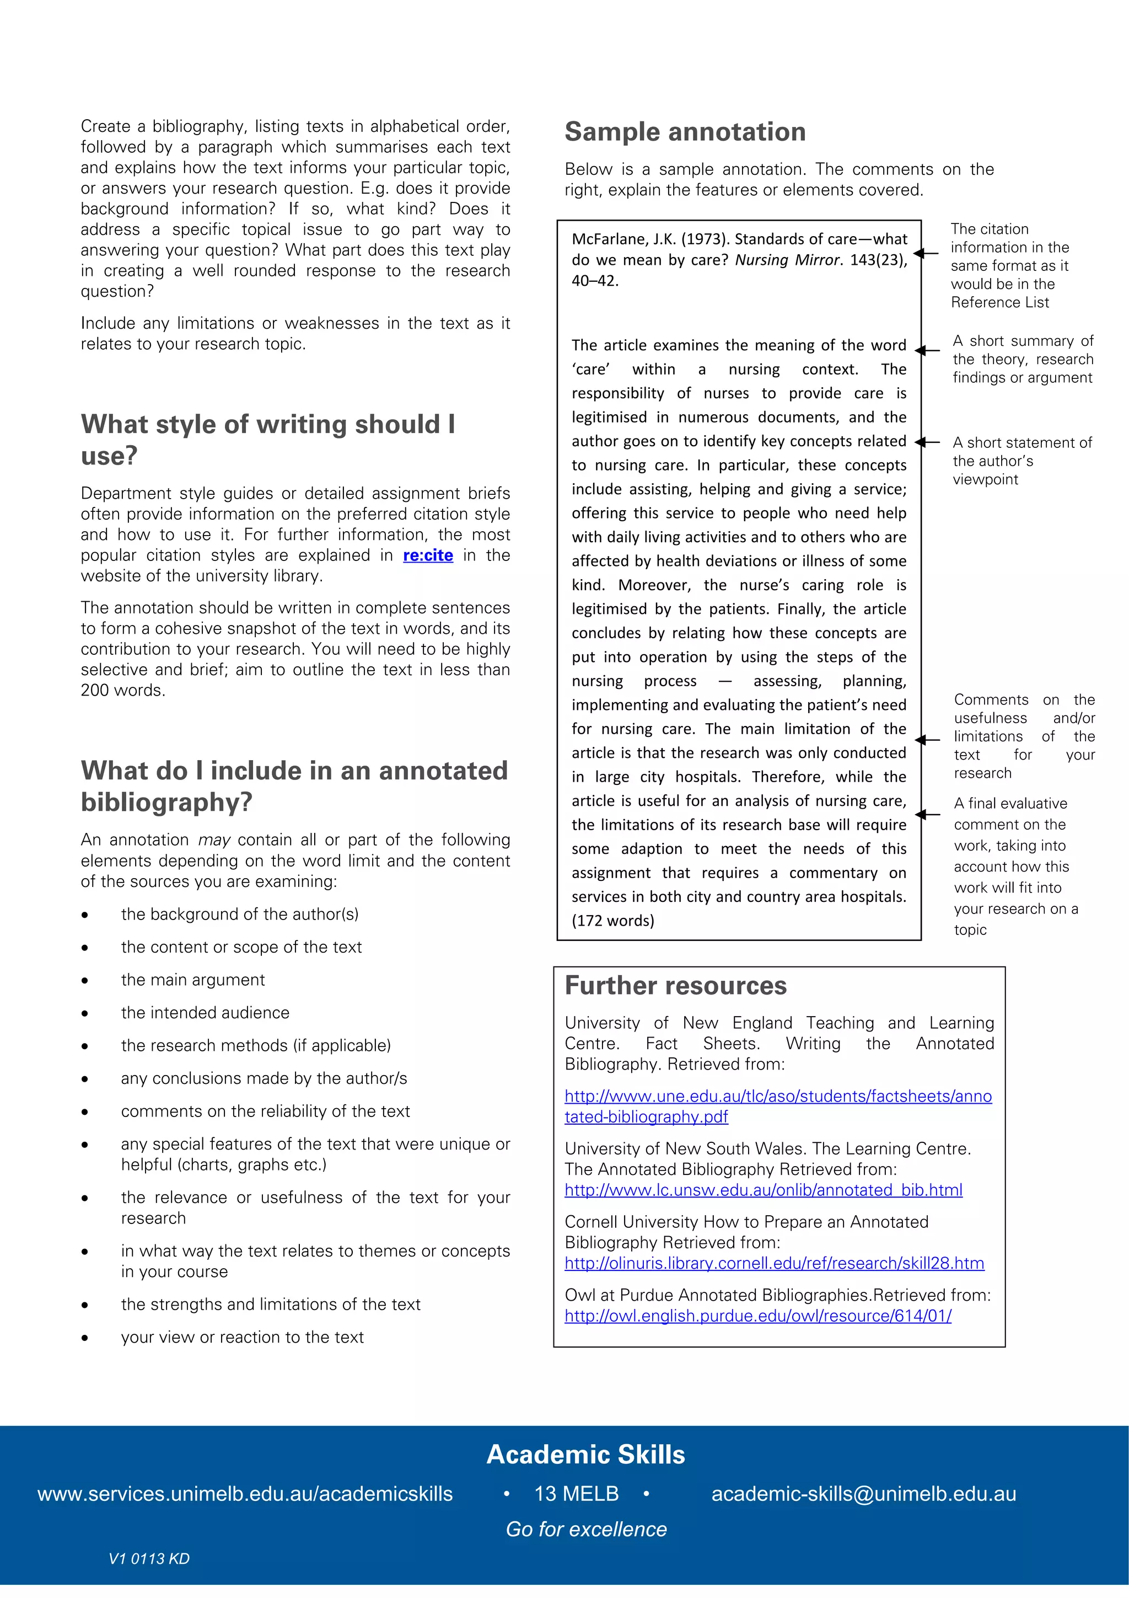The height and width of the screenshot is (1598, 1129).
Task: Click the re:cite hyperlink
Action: click(x=427, y=555)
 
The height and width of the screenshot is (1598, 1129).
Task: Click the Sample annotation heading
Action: click(x=685, y=132)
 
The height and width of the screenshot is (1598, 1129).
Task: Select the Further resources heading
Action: click(x=675, y=986)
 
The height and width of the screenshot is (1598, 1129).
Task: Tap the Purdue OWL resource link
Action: click(x=757, y=1316)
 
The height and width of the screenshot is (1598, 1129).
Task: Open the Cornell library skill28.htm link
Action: click(x=773, y=1263)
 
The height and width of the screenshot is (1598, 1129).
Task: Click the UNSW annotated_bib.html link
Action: click(x=763, y=1190)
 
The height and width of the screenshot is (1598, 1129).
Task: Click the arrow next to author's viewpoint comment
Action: click(x=926, y=442)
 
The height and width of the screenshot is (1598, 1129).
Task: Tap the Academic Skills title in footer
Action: click(x=585, y=1455)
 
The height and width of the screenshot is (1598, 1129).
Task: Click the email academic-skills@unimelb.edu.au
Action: click(x=863, y=1494)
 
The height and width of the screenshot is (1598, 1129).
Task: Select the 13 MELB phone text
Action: click(x=576, y=1494)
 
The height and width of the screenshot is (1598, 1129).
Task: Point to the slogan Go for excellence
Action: click(x=585, y=1529)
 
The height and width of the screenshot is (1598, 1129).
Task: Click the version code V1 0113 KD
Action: click(x=149, y=1559)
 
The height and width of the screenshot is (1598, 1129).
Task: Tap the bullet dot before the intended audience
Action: click(x=85, y=1013)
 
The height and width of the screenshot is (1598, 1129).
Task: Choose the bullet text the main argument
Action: click(x=193, y=980)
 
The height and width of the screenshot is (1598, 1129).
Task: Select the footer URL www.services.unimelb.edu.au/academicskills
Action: click(x=245, y=1494)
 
